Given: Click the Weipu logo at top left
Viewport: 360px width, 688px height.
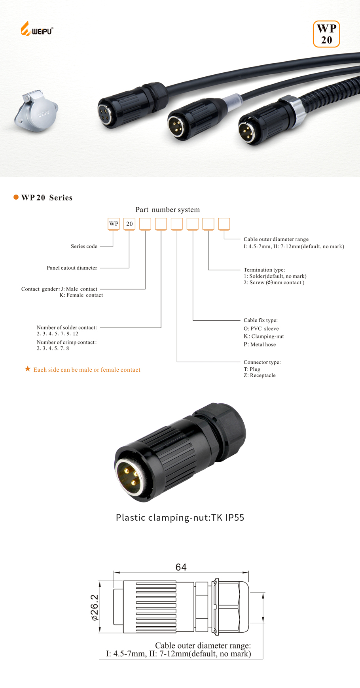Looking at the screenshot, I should pyautogui.click(x=36, y=29).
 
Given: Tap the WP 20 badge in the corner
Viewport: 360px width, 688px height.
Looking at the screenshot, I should pyautogui.click(x=326, y=34).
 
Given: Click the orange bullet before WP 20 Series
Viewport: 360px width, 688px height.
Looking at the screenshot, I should pyautogui.click(x=16, y=197).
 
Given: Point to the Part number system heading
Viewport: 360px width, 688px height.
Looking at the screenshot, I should pyautogui.click(x=167, y=210).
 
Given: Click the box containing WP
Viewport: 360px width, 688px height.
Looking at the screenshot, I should pyautogui.click(x=114, y=224).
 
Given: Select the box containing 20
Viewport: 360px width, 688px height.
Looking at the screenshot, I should pyautogui.click(x=129, y=224).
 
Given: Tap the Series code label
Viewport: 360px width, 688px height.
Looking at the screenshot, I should pyautogui.click(x=84, y=246).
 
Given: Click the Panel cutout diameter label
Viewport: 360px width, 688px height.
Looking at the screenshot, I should pyautogui.click(x=72, y=268).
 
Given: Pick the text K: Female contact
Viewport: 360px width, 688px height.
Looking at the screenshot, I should pyautogui.click(x=81, y=295).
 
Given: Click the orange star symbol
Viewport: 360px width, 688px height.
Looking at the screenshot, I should pyautogui.click(x=28, y=369).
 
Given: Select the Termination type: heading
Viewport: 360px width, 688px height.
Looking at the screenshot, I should pyautogui.click(x=264, y=270).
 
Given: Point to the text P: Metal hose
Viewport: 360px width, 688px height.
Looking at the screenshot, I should pyautogui.click(x=260, y=344).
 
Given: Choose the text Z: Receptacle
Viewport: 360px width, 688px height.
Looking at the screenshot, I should pyautogui.click(x=260, y=375).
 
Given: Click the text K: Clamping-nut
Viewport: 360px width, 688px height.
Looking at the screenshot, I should pyautogui.click(x=263, y=336).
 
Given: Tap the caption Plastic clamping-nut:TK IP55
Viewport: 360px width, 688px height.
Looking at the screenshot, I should pyautogui.click(x=180, y=518).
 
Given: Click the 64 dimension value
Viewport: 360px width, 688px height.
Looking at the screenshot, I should pyautogui.click(x=181, y=567).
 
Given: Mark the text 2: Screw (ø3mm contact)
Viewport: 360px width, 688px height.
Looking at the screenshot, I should pyautogui.click(x=274, y=282).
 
